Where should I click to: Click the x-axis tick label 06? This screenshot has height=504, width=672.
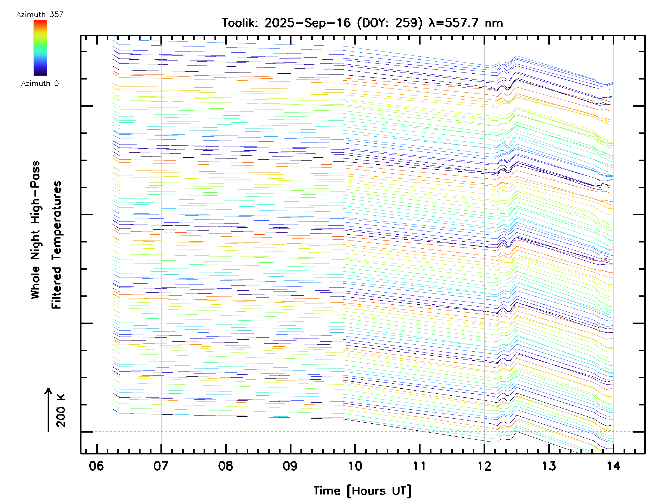96,466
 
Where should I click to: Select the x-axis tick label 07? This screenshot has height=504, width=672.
161,466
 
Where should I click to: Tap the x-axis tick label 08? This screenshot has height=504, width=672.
225,466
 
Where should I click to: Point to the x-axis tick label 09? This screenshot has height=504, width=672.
290,466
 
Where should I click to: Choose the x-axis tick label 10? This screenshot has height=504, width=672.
355,466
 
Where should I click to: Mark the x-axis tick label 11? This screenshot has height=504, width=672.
419,466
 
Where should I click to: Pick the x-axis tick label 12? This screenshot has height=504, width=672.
484,466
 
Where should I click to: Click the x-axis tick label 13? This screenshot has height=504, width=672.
549,466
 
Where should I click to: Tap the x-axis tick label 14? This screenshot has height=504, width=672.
613,466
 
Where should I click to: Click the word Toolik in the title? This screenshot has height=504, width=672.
240,23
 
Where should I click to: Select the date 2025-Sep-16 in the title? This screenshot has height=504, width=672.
307,23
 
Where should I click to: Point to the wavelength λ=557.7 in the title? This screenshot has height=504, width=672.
454,23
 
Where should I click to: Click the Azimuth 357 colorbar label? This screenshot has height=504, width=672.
40,15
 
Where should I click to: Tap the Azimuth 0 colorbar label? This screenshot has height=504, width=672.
40,83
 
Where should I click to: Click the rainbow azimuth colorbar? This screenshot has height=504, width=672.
40,48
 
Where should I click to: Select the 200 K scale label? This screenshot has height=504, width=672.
61,410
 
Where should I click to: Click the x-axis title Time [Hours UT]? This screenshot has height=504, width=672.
362,491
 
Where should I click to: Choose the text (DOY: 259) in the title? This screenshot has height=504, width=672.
389,23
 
